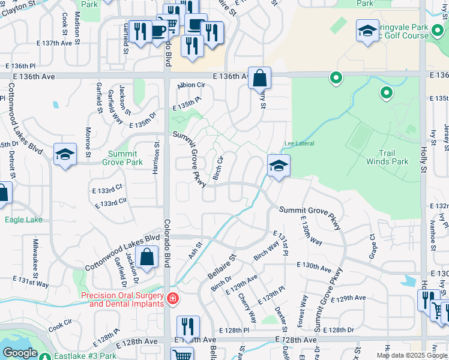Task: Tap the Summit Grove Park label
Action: coord(122,158)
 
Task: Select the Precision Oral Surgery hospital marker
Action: coord(173,298)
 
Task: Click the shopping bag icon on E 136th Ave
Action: coord(260,78)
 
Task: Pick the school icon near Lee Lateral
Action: coord(279,166)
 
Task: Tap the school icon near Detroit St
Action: coord(65,155)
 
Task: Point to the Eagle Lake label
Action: coord(23,220)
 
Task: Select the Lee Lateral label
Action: coord(298,143)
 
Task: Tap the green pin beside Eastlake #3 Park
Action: coord(44,356)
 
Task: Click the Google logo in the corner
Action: coord(20,353)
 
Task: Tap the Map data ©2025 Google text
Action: coord(412,355)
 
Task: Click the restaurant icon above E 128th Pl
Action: coord(188,327)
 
